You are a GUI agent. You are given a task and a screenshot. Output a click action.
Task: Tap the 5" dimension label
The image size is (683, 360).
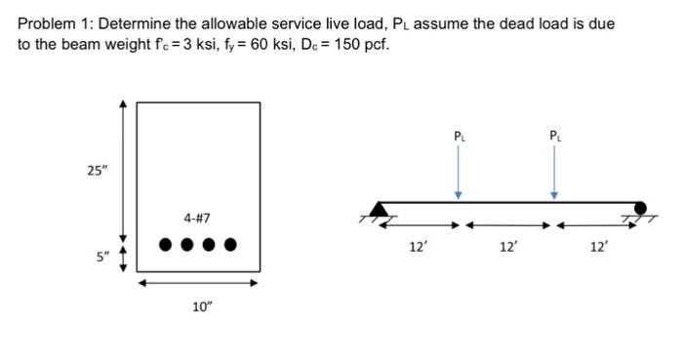[102, 258]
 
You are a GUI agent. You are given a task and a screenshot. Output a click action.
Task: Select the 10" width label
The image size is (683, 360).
[201, 307]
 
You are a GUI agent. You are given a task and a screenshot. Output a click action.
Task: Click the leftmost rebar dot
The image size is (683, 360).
[165, 244]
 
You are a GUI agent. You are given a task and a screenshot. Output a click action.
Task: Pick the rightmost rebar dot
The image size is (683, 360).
[231, 244]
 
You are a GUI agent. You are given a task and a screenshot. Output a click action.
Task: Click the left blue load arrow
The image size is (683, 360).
[459, 174]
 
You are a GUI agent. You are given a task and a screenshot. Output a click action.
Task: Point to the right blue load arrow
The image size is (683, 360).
[554, 174]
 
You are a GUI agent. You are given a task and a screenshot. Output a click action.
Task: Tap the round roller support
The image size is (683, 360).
[640, 208]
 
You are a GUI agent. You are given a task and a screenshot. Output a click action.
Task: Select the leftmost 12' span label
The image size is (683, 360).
[418, 248]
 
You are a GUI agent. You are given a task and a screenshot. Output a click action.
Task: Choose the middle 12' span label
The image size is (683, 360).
[508, 248]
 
